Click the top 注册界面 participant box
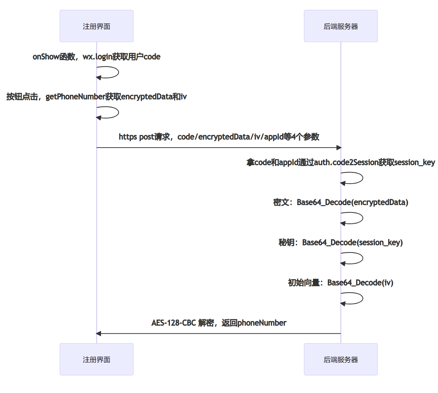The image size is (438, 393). (97, 26)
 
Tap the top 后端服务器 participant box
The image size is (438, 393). (341, 26)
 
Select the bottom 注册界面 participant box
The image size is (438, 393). (97, 359)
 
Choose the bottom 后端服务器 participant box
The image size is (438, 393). (341, 359)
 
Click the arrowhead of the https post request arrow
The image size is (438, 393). (339, 148)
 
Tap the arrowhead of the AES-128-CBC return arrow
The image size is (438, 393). (99, 334)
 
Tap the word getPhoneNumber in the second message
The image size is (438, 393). (75, 97)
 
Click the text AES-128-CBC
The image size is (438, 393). (174, 323)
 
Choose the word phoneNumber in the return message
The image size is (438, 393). (262, 323)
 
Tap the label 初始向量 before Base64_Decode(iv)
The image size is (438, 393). (304, 283)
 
